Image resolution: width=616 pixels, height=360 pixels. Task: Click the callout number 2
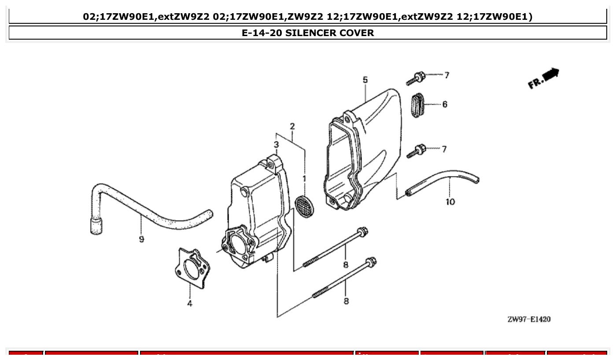tap(292, 127)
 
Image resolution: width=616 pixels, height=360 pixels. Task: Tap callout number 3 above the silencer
tap(276, 144)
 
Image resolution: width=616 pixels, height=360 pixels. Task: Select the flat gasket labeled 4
tap(192, 268)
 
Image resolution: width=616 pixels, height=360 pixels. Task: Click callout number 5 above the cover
tap(365, 80)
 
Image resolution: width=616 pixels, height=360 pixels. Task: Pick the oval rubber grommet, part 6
tap(418, 105)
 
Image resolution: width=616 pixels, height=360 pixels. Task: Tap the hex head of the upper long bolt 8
tap(362, 231)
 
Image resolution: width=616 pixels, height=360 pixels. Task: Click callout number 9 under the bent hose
tap(141, 239)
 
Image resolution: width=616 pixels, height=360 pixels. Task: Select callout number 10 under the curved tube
tap(450, 202)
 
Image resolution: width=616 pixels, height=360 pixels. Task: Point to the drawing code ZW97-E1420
tap(529, 319)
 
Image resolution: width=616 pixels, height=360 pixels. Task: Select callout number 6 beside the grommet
tap(445, 104)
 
